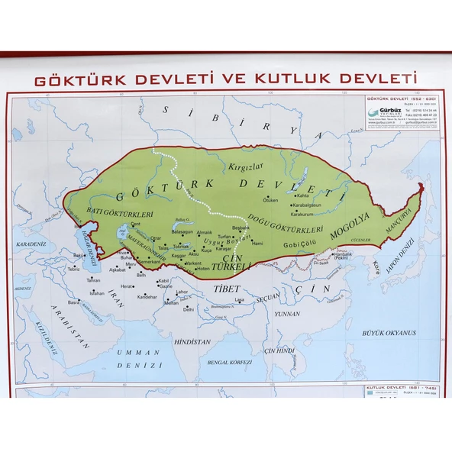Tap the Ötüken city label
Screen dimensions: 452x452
click(271, 200)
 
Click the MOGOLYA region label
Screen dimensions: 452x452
click(350, 226)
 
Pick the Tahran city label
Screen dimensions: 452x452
click(94, 279)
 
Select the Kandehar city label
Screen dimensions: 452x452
click(147, 296)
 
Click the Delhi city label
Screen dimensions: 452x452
click(188, 310)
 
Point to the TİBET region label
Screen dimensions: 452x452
click(226, 289)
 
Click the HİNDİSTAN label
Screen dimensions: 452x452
click(191, 342)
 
